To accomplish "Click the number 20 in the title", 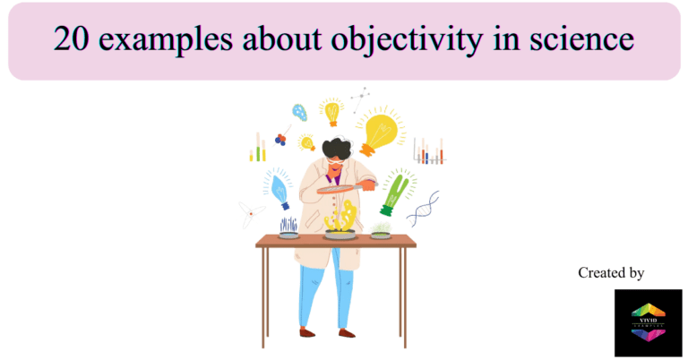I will (x=70, y=40).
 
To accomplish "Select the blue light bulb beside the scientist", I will (x=279, y=190).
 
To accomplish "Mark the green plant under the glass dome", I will (x=382, y=229).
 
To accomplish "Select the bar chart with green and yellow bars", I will (x=258, y=148).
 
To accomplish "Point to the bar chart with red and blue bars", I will (x=429, y=153).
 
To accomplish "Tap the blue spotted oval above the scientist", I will (x=299, y=112).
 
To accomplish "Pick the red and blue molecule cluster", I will (x=280, y=139).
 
